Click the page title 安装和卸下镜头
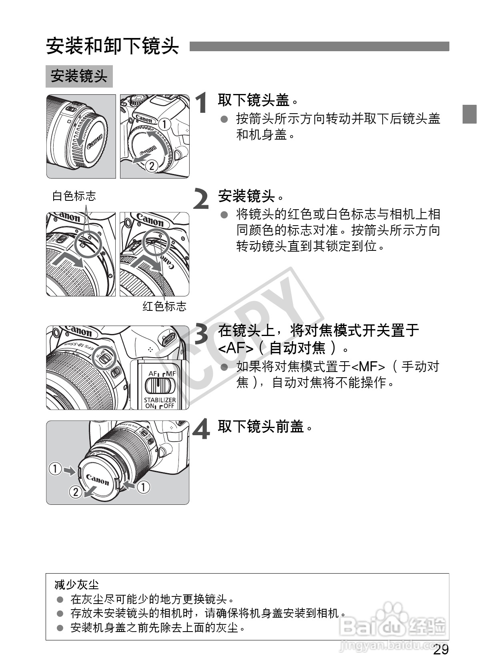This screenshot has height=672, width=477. click(x=112, y=46)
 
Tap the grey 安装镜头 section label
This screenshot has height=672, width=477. click(x=79, y=76)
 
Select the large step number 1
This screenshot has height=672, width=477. click(x=202, y=103)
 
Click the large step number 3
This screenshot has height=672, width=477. click(x=202, y=334)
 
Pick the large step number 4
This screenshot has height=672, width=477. click(x=202, y=429)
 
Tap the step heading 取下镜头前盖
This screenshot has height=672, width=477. click(x=261, y=427)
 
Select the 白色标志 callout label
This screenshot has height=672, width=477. click(x=74, y=196)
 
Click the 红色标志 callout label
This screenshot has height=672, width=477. click(x=164, y=306)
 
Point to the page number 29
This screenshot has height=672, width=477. click(x=441, y=650)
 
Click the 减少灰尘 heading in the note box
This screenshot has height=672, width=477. click(x=76, y=585)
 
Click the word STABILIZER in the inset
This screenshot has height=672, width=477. click(x=160, y=400)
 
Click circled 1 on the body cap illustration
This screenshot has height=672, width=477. click(x=164, y=124)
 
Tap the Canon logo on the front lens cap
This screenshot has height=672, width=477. click(x=97, y=479)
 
